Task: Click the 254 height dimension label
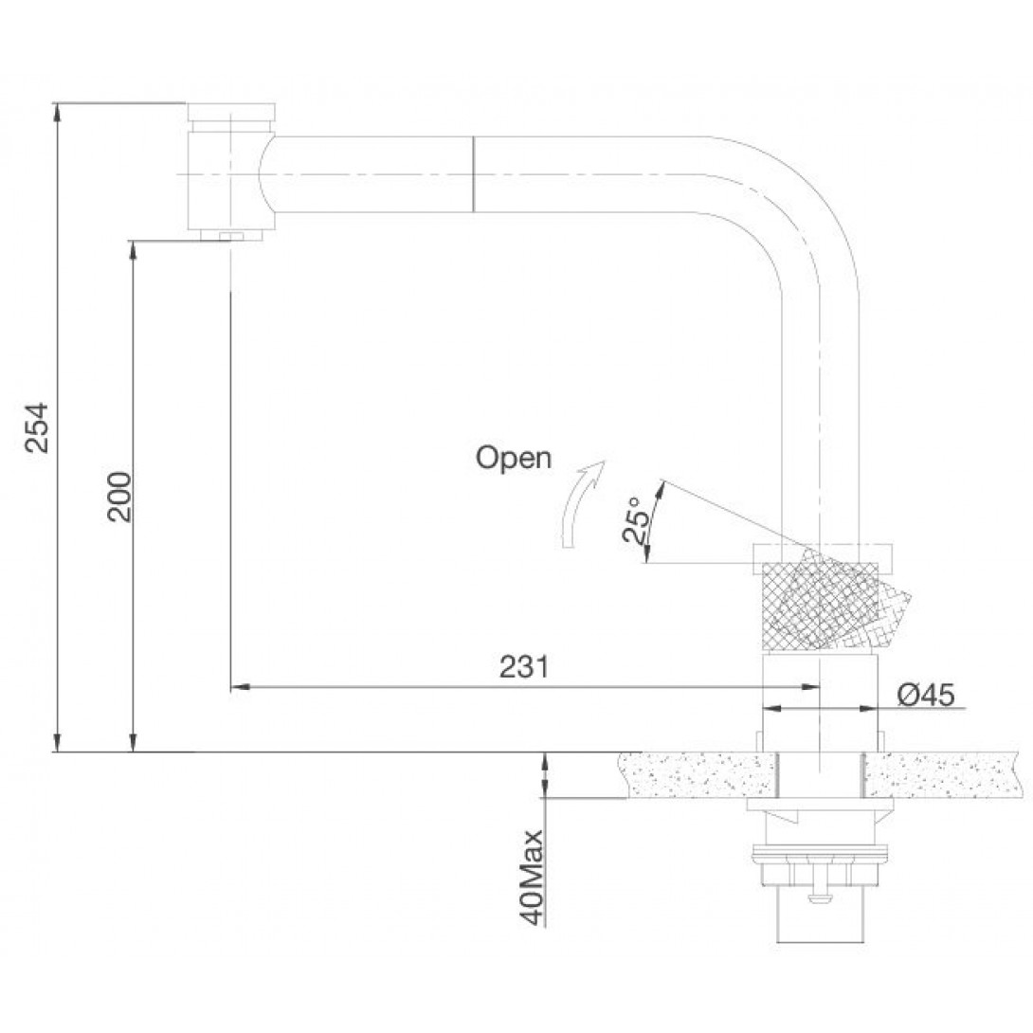pos(37,426)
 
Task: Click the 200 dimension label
pos(119,497)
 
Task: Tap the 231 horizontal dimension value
pos(524,666)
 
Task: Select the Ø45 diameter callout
pos(926,695)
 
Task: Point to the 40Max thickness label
pos(531,877)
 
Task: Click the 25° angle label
pos(634,519)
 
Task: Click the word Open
pos(514,457)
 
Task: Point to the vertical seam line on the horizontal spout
pos(473,174)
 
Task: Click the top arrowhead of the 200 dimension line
pos(133,248)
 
